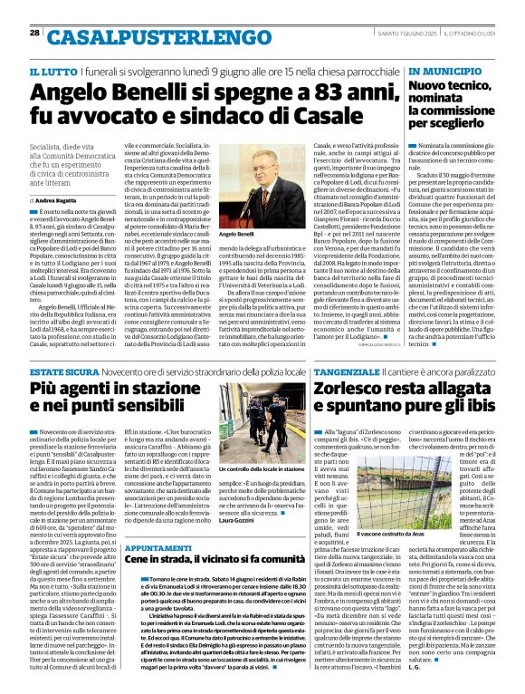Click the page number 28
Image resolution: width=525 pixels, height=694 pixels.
34,33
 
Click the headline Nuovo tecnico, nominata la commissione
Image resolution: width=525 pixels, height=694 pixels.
458,106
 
